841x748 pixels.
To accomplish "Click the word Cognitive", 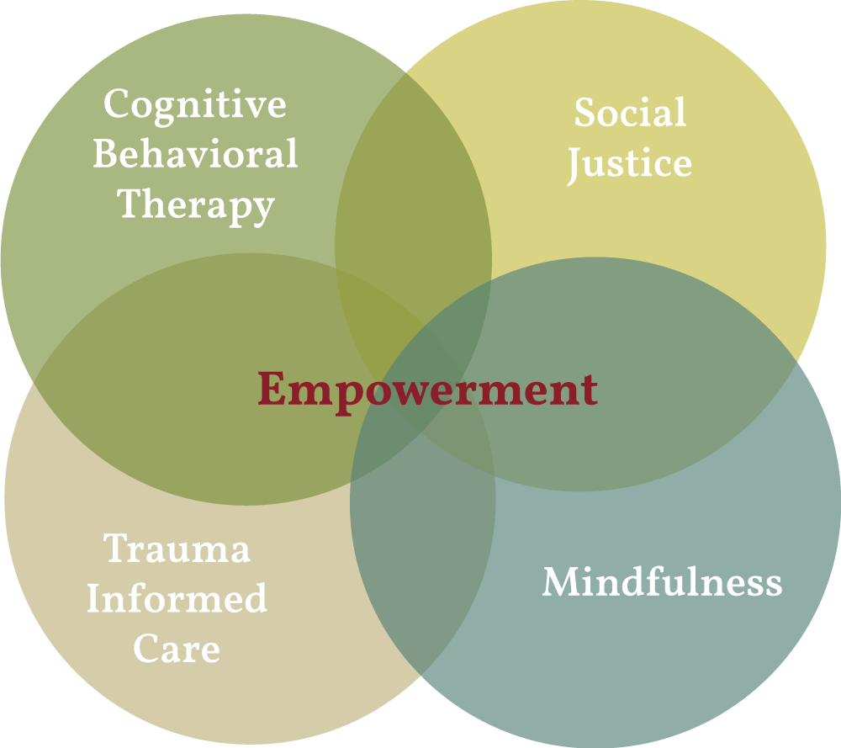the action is (x=195, y=106).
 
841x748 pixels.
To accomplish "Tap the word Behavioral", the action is (x=195, y=153).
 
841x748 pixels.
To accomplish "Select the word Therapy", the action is (x=196, y=206).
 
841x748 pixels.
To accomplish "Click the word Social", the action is (x=630, y=112).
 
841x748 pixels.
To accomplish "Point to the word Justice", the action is (x=630, y=165).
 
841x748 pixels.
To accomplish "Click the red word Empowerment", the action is (x=427, y=391).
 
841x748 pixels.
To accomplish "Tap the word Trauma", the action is (x=177, y=548).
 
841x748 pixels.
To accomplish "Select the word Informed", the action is (x=177, y=597).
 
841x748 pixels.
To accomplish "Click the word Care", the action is (x=177, y=648).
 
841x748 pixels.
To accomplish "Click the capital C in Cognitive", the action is (x=117, y=103).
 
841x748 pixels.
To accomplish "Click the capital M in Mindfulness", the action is (x=562, y=581).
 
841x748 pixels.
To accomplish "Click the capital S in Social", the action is (x=585, y=112).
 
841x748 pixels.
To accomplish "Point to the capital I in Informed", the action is (x=95, y=598).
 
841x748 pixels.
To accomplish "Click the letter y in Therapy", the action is (x=262, y=211).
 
